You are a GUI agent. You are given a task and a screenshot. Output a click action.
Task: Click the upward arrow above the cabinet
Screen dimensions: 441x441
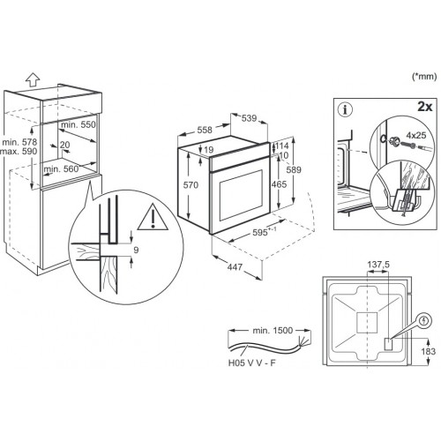tap(33, 79)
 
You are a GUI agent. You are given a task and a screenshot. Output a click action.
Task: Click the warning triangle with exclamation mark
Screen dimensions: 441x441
tap(153, 217)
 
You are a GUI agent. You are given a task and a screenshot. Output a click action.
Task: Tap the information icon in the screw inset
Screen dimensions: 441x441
tap(346, 110)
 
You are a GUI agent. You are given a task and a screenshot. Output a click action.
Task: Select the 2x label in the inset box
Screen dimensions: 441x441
tap(425, 107)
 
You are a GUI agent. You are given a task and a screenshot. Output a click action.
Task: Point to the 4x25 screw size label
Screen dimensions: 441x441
tap(416, 135)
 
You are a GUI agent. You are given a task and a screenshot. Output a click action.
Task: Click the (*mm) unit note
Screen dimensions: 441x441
tap(424, 77)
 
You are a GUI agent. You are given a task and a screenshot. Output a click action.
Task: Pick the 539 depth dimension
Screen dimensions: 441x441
tap(249, 118)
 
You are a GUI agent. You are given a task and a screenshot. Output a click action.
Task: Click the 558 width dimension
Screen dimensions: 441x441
tap(205, 130)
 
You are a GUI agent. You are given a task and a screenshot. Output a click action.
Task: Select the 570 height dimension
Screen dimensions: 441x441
tap(191, 185)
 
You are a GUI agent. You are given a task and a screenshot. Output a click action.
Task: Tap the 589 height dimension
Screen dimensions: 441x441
tap(294, 169)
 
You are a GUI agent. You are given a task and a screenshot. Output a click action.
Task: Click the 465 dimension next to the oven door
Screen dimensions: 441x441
tap(279, 184)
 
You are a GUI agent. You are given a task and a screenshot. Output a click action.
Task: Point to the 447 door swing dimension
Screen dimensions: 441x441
tap(235, 267)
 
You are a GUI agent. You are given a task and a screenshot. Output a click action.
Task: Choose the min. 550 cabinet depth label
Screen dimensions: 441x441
tap(78, 124)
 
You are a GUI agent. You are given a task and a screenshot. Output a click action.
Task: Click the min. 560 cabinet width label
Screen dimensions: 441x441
tap(61, 169)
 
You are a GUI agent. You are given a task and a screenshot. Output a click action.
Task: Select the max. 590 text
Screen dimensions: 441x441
tap(19, 151)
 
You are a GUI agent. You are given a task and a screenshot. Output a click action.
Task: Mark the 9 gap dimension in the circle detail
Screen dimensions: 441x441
tap(136, 250)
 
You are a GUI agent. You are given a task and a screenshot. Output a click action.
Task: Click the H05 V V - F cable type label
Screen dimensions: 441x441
tap(252, 363)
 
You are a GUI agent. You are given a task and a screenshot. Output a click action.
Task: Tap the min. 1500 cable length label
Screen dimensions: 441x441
tap(273, 331)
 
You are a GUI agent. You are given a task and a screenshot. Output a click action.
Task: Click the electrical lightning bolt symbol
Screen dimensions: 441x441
tap(423, 320)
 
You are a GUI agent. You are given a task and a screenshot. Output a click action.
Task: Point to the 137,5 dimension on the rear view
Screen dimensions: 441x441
tap(378, 265)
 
